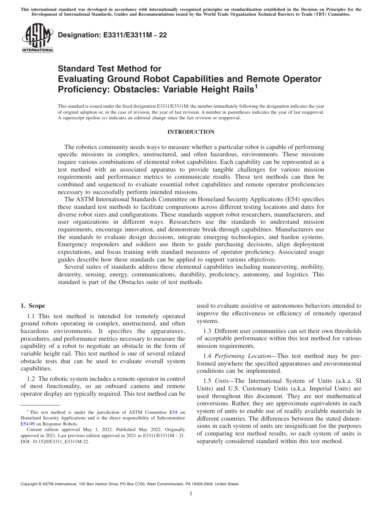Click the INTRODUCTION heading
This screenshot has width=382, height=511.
pyautogui.click(x=191, y=132)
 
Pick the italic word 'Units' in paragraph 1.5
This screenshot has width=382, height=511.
pyautogui.click(x=221, y=381)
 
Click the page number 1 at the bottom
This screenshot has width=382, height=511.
pyautogui.click(x=191, y=494)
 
